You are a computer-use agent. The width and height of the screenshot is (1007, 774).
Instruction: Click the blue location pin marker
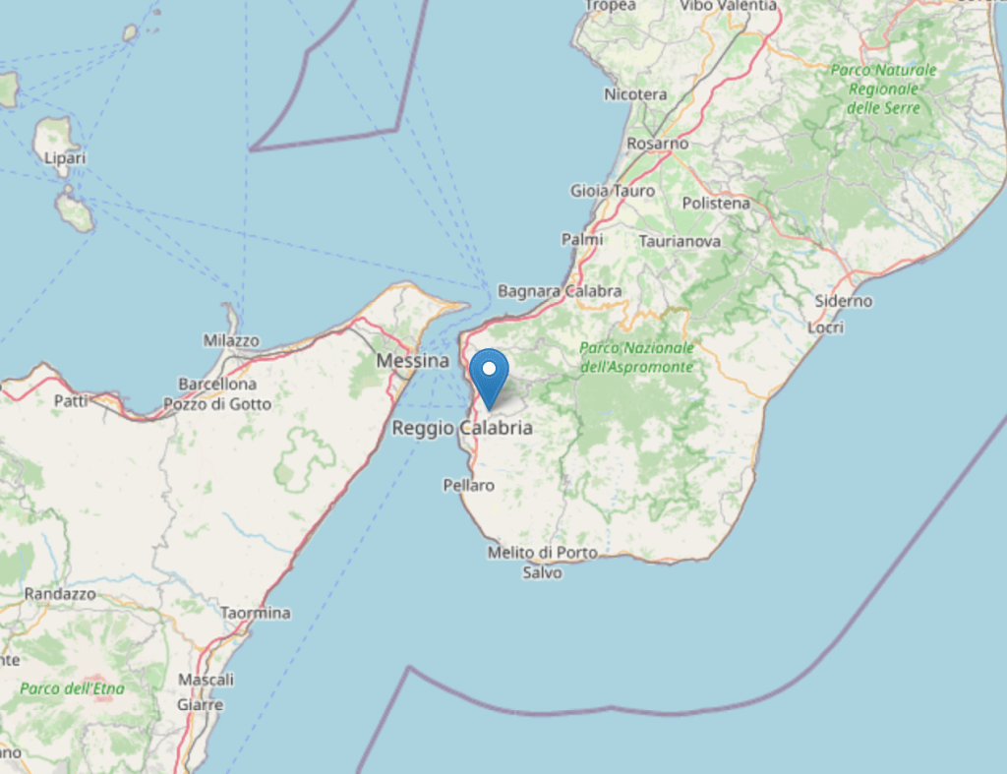[x=489, y=374]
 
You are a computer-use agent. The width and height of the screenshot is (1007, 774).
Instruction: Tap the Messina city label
[x=413, y=361]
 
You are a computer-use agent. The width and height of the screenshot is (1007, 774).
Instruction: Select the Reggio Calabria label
[x=462, y=428]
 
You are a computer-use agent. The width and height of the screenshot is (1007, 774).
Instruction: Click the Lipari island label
[x=65, y=157]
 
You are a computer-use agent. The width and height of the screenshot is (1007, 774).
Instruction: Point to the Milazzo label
[x=231, y=340]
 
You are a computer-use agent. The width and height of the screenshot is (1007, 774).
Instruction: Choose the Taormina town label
[x=256, y=613]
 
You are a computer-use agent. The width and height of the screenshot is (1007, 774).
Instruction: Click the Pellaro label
[x=469, y=485]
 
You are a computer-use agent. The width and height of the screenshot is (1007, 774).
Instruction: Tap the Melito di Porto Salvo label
[x=543, y=562]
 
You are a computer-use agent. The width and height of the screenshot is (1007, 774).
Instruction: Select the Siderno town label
[x=844, y=301]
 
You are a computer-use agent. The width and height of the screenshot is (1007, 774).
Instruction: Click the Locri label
[x=826, y=327]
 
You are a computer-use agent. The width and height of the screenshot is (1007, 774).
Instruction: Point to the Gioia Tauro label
[x=613, y=191]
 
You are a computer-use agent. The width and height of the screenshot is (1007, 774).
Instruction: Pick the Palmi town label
[x=582, y=239]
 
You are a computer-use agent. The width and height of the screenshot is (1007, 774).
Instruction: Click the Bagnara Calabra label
[x=560, y=291]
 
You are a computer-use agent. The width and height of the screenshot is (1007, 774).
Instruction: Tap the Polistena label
[x=716, y=204]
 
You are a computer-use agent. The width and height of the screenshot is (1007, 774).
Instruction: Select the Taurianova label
[x=680, y=241]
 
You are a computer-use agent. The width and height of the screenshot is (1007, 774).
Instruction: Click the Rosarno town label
[x=658, y=144]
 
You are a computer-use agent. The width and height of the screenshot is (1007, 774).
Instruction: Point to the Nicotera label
[x=635, y=94]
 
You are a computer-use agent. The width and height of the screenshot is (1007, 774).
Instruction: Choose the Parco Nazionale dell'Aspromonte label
[x=636, y=357]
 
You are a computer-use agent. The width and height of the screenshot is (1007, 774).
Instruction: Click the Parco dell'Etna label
[x=73, y=688]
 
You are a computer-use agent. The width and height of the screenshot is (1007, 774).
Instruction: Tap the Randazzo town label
[x=60, y=594]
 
